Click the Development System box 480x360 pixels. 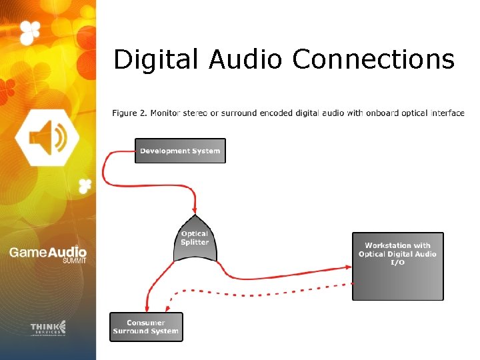click(180, 151)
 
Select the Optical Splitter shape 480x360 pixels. click(195, 238)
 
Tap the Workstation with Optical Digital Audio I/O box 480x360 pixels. click(397, 266)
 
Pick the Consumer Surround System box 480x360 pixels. click(146, 327)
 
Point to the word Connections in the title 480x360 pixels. click(373, 59)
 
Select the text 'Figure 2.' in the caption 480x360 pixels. click(129, 113)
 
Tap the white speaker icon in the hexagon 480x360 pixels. click(47, 137)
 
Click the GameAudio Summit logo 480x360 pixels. click(47, 254)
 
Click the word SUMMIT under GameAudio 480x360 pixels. click(74, 261)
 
